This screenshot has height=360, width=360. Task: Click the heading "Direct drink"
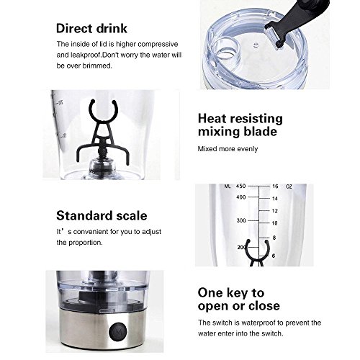click(91, 28)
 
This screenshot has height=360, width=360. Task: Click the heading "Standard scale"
click(102, 215)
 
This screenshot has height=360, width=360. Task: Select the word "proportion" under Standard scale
click(85, 243)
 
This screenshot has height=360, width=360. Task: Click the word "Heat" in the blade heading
click(212, 119)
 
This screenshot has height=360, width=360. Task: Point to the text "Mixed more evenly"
click(228, 149)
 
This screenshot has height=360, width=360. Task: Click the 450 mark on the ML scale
click(240, 186)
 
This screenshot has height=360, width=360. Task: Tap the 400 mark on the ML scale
click(240, 197)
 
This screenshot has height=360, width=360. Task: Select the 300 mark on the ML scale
click(241, 220)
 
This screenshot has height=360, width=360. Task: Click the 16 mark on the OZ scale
click(275, 186)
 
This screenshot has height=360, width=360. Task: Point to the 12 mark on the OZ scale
click(275, 211)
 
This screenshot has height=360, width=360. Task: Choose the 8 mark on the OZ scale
click(274, 238)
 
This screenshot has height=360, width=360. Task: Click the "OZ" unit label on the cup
click(289, 186)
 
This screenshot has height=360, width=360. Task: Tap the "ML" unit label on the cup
click(228, 186)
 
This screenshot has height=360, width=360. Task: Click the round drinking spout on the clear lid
click(226, 48)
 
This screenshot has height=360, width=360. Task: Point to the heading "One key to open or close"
click(239, 300)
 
